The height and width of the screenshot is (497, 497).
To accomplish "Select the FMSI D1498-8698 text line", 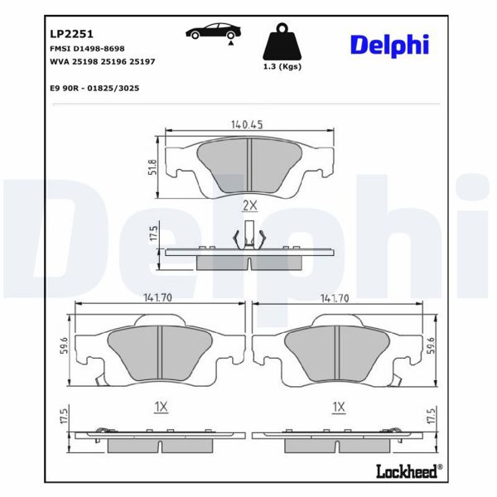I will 86,49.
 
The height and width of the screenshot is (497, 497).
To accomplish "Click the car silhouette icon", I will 213,33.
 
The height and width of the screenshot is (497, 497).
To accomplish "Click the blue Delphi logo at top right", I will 388,45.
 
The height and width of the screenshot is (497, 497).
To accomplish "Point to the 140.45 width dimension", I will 247,125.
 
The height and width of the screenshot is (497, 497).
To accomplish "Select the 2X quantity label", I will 249,205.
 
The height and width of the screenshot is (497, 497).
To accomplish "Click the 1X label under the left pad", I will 162,406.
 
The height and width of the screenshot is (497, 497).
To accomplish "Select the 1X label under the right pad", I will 337,406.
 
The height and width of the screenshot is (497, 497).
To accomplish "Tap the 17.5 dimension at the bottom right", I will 430,417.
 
